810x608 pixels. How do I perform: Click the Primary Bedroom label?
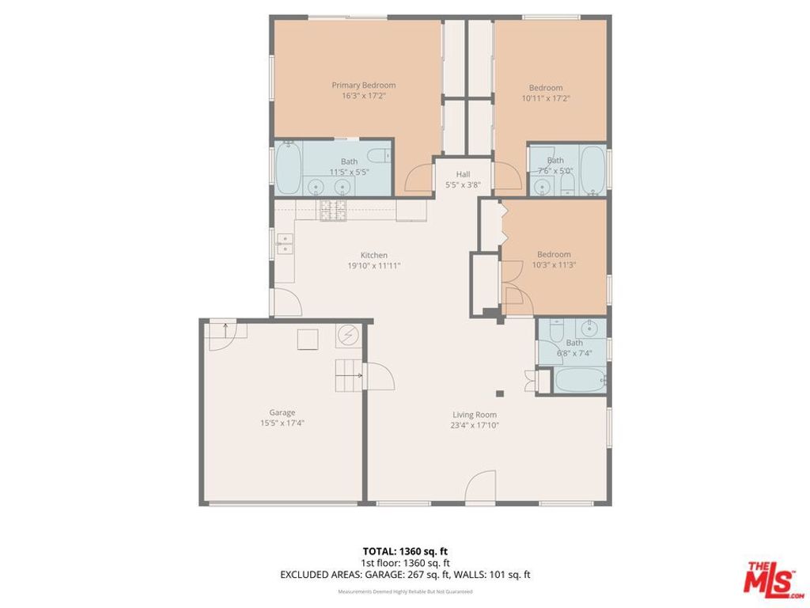(x=363, y=85)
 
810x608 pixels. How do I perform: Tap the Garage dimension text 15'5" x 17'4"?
(x=276, y=423)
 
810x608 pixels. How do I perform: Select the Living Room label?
(x=475, y=414)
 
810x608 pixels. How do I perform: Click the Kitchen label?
(x=373, y=255)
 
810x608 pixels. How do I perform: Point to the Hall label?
(x=463, y=174)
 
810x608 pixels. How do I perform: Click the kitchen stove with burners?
(x=332, y=210)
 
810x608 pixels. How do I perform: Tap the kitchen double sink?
(x=284, y=244)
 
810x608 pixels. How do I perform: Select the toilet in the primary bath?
(x=380, y=154)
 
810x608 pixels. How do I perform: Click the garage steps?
(x=347, y=375)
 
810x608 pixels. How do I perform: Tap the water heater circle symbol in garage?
(x=347, y=337)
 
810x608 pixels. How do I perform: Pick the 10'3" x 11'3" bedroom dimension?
(x=554, y=265)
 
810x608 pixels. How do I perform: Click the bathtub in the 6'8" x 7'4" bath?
(x=579, y=379)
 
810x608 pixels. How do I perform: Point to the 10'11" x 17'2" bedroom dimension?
(x=546, y=98)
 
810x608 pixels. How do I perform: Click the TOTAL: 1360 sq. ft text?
(x=405, y=551)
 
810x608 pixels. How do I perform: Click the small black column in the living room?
(x=499, y=393)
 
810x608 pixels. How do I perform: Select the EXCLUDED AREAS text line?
(x=405, y=575)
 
